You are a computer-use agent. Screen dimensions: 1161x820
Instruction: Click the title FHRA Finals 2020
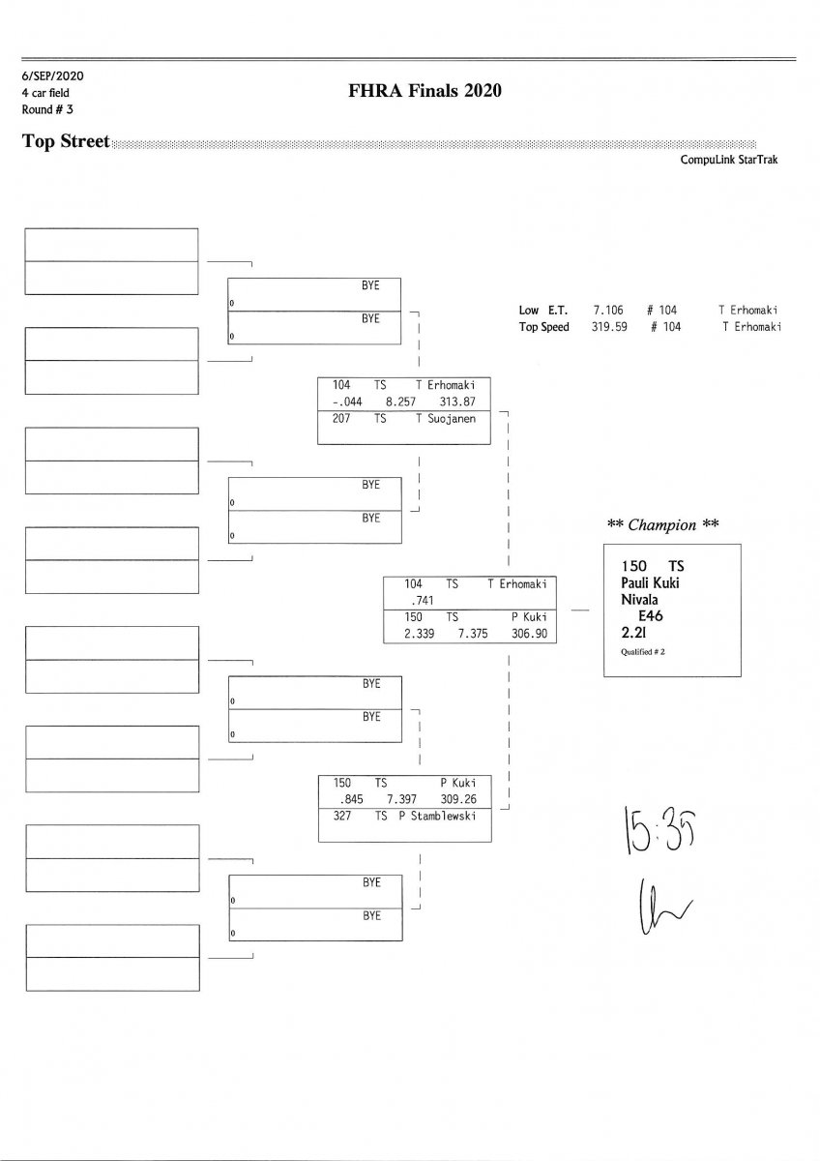click(x=425, y=91)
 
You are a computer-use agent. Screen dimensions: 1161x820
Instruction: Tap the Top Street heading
click(x=66, y=141)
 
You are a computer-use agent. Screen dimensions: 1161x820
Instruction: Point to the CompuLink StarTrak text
click(x=729, y=161)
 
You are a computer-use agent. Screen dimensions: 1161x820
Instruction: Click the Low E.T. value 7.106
click(x=607, y=311)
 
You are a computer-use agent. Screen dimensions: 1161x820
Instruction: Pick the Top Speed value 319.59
click(x=608, y=327)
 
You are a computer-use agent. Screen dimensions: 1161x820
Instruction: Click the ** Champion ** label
click(x=662, y=525)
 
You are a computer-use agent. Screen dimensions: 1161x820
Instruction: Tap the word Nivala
click(x=639, y=598)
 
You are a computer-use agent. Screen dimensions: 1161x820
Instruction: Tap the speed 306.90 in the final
click(x=529, y=633)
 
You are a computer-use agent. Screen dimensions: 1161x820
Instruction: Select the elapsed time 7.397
click(x=401, y=799)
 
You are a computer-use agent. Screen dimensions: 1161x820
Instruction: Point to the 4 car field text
click(x=45, y=92)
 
